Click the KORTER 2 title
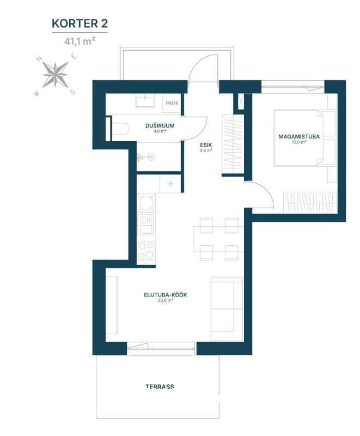pos(80,23)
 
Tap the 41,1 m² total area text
pos(80,41)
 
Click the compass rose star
pos(55,75)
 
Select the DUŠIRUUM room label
pos(160,125)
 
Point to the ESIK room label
pos(206,145)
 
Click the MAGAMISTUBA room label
pos(299,137)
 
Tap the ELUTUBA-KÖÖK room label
pos(166,295)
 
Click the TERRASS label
pos(160,386)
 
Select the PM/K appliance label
pos(172,104)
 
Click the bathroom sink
pos(145,100)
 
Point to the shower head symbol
pos(144,158)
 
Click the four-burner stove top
pos(146,250)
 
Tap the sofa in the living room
pos(227,308)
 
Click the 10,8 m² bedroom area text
pos(299,142)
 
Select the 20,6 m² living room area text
pos(166,300)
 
